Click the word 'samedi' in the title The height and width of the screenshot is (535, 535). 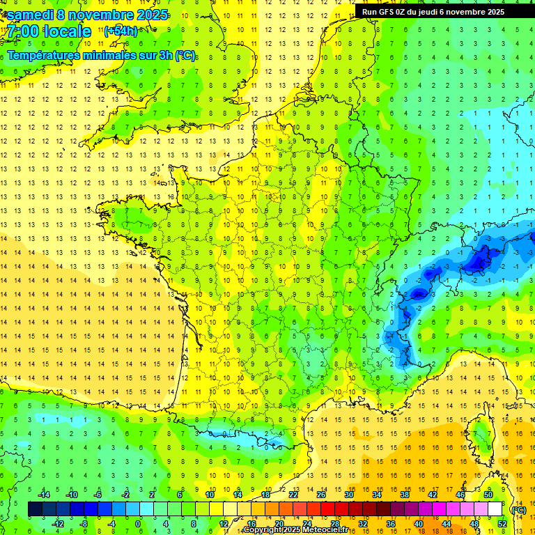click(x=32, y=15)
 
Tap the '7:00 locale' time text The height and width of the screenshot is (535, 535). click(x=49, y=31)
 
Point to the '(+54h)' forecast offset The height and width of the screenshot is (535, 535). click(x=121, y=31)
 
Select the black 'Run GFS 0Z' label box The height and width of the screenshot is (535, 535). click(x=439, y=11)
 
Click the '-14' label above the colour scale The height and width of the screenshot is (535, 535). click(x=44, y=495)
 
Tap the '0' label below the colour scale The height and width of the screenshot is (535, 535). click(x=138, y=524)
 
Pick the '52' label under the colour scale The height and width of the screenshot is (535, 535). click(x=502, y=524)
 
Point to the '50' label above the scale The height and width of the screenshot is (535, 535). click(x=488, y=495)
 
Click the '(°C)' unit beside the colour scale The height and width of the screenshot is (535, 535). click(x=518, y=509)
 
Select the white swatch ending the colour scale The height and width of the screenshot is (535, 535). click(x=495, y=509)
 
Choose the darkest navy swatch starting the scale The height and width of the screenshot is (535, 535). click(x=35, y=509)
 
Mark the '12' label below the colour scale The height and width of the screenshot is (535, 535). click(x=223, y=524)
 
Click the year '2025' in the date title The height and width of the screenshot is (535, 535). click(x=148, y=15)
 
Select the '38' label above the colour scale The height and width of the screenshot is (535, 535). click(x=404, y=495)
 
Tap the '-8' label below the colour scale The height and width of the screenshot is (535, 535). click(x=84, y=524)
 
